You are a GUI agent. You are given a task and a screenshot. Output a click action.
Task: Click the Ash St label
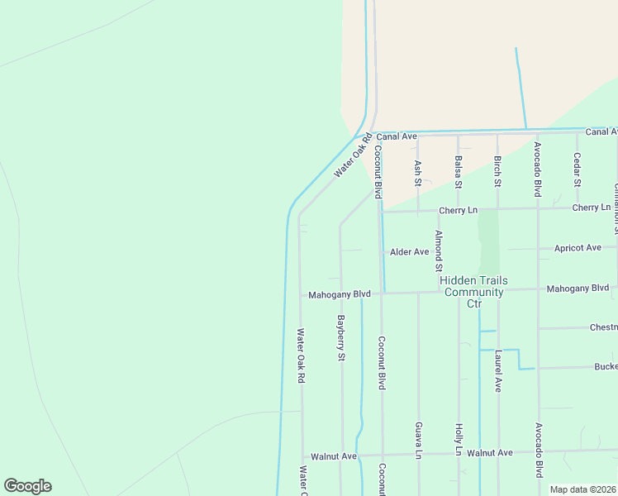[x=418, y=172]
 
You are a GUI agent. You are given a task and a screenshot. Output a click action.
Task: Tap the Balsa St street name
[x=458, y=172]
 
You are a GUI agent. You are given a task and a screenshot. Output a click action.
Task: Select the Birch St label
[x=497, y=170]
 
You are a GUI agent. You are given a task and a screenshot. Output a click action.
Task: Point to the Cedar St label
[x=577, y=170]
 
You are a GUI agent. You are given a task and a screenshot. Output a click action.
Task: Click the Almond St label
[x=439, y=250]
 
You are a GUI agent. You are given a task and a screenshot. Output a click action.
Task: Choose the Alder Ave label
[x=409, y=251]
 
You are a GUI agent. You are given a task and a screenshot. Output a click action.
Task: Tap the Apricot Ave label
[x=578, y=247]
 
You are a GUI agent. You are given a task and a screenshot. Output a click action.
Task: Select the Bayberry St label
[x=340, y=337]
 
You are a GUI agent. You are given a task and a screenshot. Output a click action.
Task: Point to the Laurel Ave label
[x=498, y=370]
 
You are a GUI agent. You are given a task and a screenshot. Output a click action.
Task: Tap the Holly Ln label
[x=459, y=440]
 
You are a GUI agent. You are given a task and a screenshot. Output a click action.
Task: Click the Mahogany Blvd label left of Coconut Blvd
[x=339, y=293]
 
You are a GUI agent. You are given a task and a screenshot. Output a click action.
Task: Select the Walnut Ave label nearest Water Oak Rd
[x=333, y=455]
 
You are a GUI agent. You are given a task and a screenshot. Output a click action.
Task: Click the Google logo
[x=27, y=486]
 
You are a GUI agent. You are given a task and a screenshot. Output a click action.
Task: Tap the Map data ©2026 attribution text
[x=582, y=489]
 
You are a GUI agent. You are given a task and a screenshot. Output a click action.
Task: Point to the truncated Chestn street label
[x=603, y=327]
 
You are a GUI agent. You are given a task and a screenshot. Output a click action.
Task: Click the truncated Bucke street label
[x=605, y=366]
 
